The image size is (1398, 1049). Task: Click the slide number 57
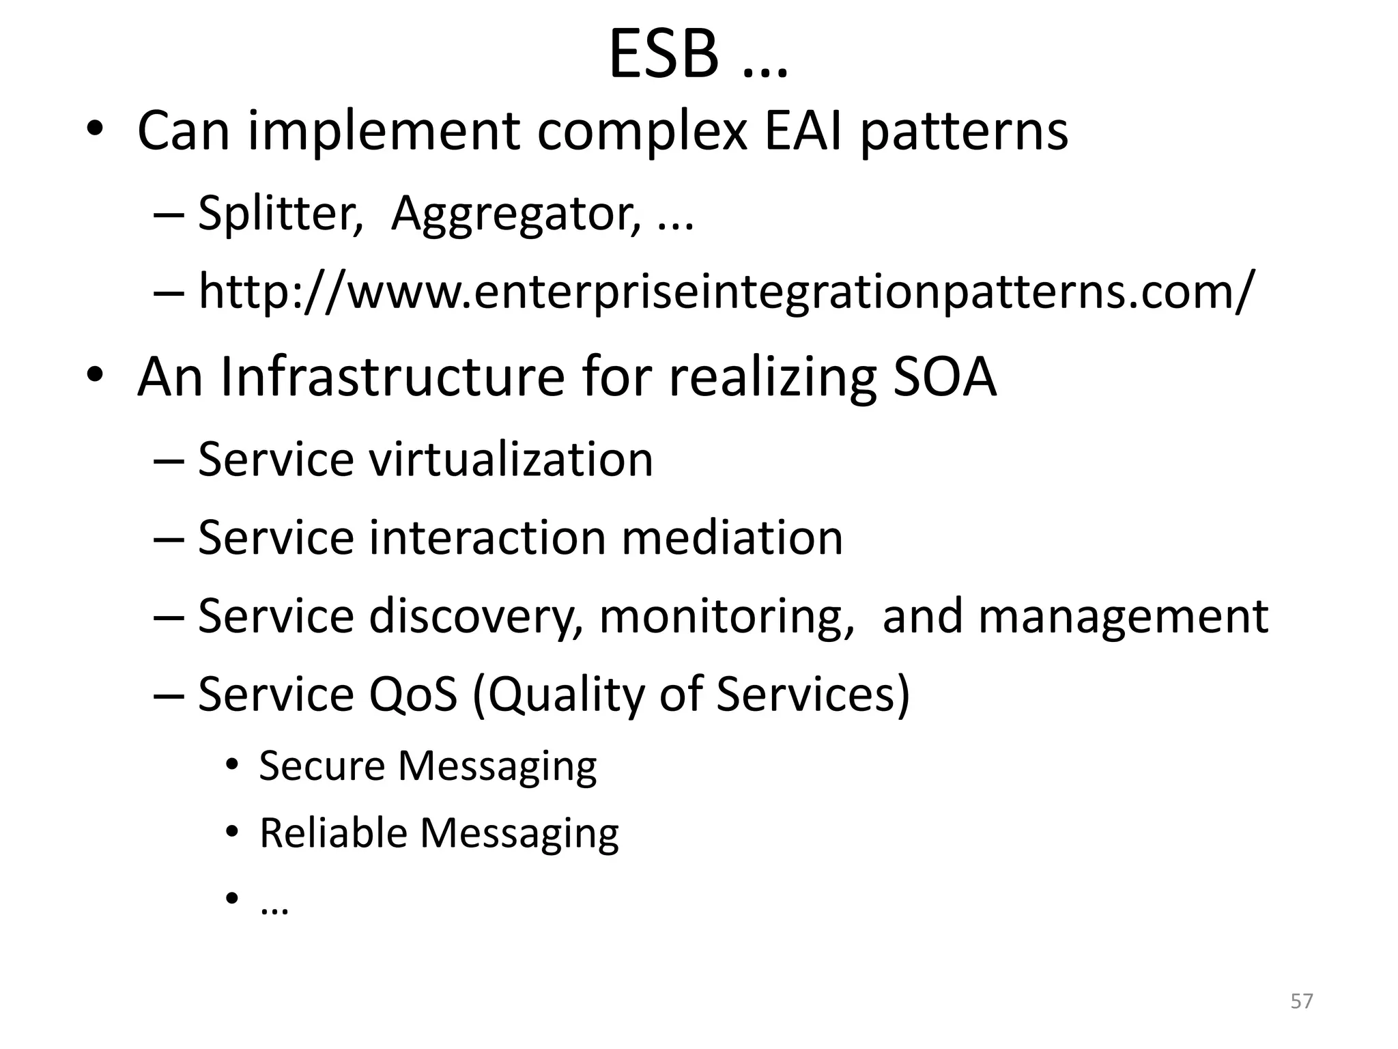tap(1302, 1001)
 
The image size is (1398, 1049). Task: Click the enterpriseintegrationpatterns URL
tap(726, 292)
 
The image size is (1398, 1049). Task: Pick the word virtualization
tap(511, 459)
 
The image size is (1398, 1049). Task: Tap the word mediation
tap(732, 537)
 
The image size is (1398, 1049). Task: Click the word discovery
tap(476, 616)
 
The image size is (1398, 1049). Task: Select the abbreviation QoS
tap(413, 695)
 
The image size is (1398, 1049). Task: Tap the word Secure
tap(322, 766)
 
